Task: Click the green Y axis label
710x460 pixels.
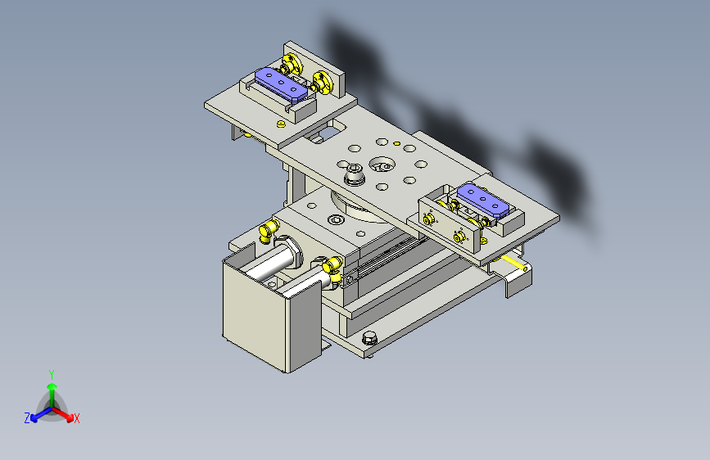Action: click(x=52, y=372)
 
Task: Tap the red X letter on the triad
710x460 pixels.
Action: click(x=77, y=419)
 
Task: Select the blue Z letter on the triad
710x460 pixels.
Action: click(x=27, y=418)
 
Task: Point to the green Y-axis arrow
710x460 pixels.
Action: click(x=52, y=388)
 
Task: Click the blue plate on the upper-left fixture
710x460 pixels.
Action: click(x=283, y=83)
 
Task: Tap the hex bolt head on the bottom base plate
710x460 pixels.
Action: click(x=369, y=336)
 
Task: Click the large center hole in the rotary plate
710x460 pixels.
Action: click(x=381, y=165)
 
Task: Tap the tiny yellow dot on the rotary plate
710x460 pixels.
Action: click(x=396, y=144)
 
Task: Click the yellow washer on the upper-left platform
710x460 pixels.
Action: click(x=281, y=124)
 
